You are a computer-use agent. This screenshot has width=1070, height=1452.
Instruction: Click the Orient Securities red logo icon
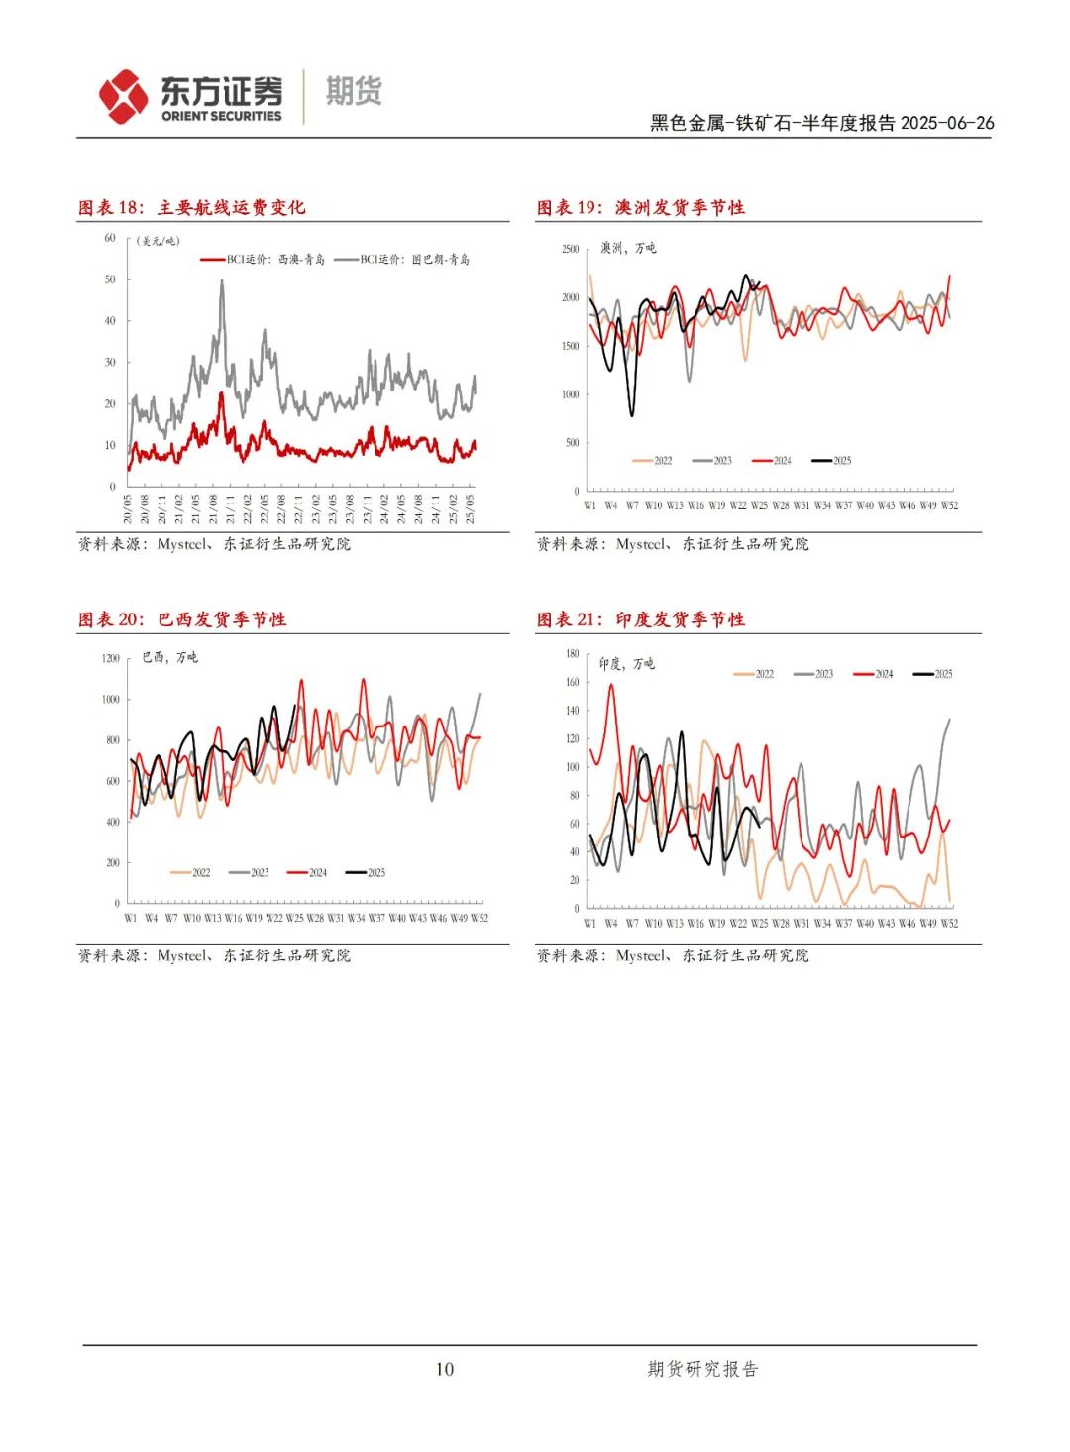coord(123,96)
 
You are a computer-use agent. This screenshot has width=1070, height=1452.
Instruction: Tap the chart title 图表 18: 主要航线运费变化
coord(192,207)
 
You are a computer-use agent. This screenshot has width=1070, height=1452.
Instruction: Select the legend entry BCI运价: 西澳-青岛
coord(263,260)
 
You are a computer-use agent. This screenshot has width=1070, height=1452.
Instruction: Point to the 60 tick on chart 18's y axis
coord(110,238)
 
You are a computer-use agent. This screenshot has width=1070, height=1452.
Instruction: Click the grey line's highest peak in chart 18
coord(221,281)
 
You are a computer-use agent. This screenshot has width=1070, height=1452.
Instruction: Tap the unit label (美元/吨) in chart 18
coord(159,241)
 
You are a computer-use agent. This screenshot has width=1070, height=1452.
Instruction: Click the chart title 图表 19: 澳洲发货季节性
coord(640,207)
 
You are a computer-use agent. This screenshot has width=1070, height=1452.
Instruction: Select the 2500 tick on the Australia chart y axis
coord(570,249)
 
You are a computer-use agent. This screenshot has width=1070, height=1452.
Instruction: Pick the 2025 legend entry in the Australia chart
coord(831,460)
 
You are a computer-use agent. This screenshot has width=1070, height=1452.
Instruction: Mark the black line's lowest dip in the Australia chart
coord(632,414)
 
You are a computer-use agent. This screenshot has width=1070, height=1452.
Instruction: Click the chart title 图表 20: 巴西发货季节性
coord(182,619)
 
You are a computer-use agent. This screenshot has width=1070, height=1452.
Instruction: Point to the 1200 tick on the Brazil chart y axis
coord(109,658)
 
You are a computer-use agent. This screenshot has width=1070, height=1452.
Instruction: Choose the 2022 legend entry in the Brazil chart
coord(190,873)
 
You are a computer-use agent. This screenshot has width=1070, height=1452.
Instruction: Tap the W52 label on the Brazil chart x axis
coord(479,918)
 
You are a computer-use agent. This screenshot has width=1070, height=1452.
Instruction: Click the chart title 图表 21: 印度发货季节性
coord(640,619)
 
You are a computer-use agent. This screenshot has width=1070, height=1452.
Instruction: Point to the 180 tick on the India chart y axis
coord(572,654)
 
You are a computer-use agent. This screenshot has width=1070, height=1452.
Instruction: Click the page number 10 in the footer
coord(445,1369)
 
